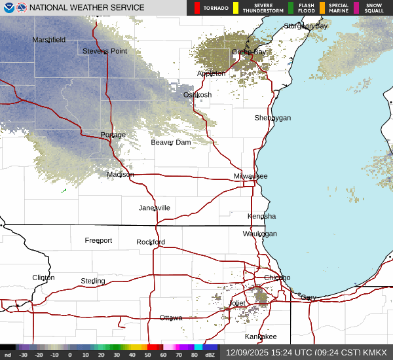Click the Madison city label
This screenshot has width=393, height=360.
(x=121, y=175)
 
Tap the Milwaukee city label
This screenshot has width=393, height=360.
(x=251, y=177)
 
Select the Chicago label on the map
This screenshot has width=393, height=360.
(x=276, y=278)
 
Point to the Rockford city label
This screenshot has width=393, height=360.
(x=151, y=242)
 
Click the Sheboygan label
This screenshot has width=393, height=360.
(x=272, y=118)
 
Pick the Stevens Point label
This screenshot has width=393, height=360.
(x=105, y=51)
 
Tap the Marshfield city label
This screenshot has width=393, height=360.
(x=49, y=40)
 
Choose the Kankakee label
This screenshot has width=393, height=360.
(x=261, y=336)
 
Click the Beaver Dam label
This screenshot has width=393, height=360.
(x=171, y=143)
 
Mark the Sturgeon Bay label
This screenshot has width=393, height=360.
(x=306, y=26)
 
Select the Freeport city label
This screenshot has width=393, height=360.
(x=98, y=241)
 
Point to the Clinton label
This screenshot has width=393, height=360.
(x=44, y=278)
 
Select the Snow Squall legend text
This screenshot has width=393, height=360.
(x=375, y=8)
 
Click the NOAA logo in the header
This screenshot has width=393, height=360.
(x=9, y=8)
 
